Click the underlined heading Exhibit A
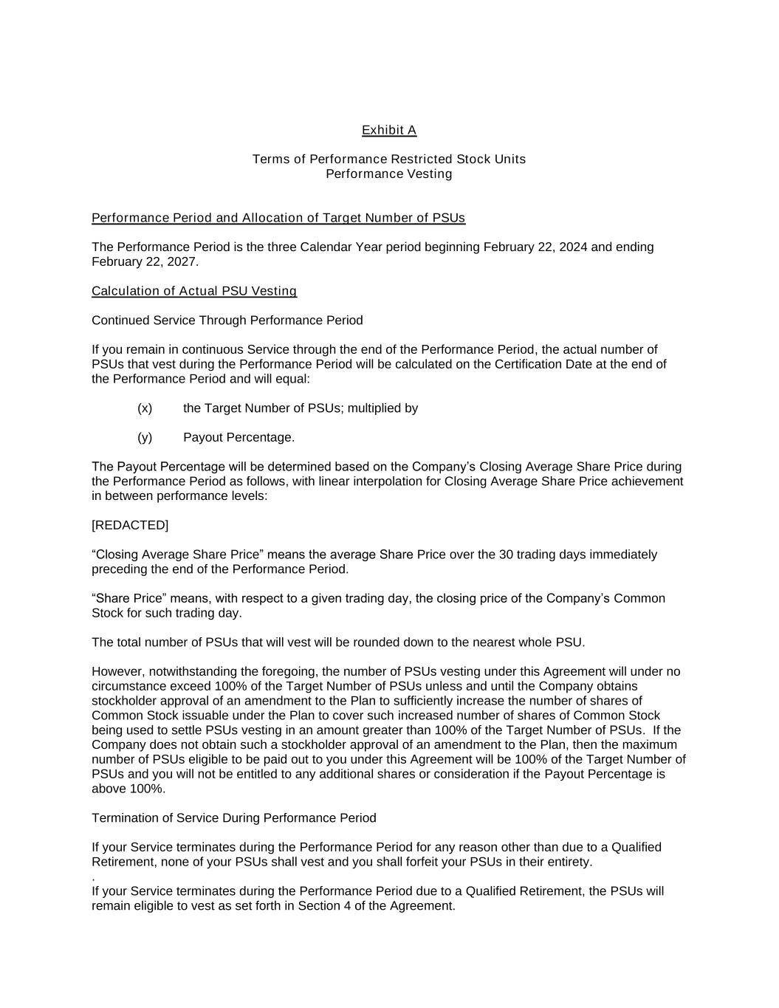[389, 131]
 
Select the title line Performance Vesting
[389, 174]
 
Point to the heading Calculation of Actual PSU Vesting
[194, 291]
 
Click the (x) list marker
[145, 408]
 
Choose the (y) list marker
[145, 437]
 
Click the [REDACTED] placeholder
[130, 525]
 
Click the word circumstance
[128, 686]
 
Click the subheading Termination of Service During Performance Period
[234, 818]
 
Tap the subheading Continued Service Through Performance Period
[227, 320]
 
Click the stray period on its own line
[94, 879]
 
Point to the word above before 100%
[109, 789]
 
